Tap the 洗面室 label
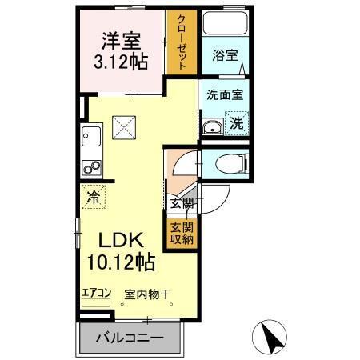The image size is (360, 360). pos(225,93)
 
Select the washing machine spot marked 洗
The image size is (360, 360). pos(237,124)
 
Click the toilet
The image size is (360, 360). pos(232,166)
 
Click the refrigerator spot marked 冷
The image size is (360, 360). pos(94,196)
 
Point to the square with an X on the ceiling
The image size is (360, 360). pos(123,126)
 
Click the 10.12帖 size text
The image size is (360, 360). pos(121,262)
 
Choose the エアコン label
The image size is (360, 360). pos(95,294)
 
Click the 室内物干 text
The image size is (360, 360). pos(147,294)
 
